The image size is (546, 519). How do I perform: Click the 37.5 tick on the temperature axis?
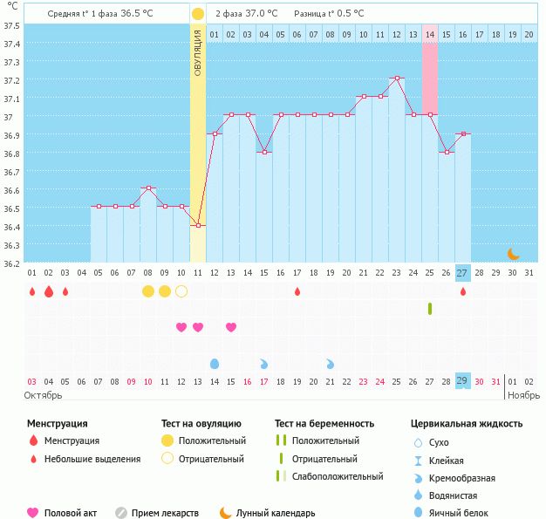tap(12, 25)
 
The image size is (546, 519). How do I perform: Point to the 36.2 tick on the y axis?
tap(12, 263)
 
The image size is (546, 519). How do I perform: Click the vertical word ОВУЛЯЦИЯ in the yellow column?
tap(198, 52)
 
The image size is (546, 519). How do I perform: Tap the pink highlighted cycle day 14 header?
tap(430, 34)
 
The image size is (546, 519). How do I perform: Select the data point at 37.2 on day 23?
tap(397, 79)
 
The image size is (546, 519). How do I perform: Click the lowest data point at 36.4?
tap(198, 226)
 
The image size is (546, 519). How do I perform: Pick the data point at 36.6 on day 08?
tap(148, 188)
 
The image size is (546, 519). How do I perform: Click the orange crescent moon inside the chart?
tap(514, 254)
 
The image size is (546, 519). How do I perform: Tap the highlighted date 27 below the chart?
tap(462, 272)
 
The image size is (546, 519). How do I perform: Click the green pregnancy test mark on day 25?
tap(430, 309)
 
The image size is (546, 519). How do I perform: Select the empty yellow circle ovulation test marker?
tap(181, 291)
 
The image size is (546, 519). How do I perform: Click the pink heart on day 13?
tap(198, 327)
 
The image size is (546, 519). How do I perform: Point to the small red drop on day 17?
tap(297, 291)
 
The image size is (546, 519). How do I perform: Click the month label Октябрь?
tap(44, 395)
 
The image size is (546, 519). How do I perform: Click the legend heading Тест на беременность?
tap(324, 424)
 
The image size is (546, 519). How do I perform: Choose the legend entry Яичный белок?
tap(463, 514)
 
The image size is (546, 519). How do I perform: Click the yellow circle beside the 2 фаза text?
tap(198, 14)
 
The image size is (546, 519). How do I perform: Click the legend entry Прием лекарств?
tap(165, 514)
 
